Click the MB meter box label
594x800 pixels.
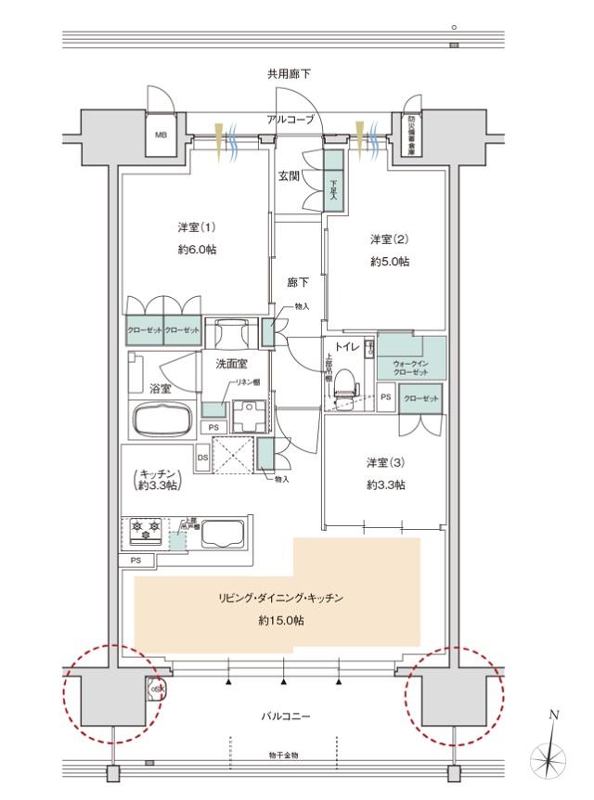click(161, 135)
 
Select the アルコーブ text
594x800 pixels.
click(291, 120)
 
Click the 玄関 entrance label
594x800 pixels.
click(289, 176)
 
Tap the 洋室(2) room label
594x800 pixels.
click(389, 239)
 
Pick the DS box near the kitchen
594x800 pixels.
click(202, 456)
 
